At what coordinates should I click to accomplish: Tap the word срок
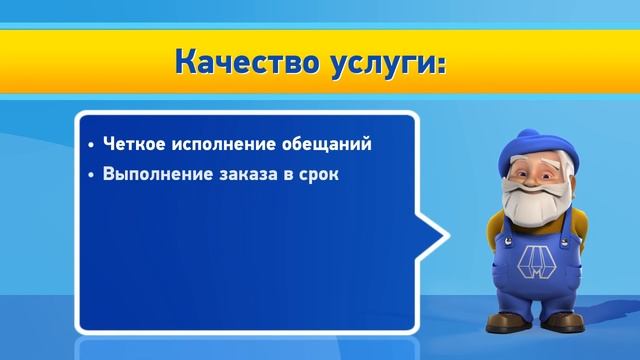tap(319, 174)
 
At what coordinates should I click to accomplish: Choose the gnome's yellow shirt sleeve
tap(496, 239)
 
